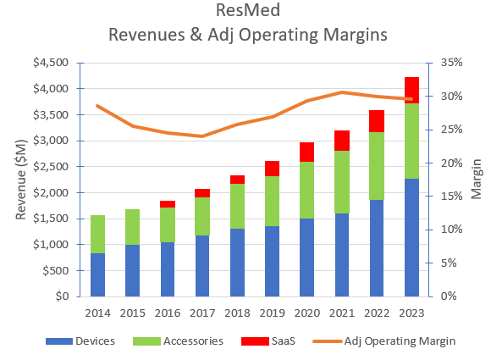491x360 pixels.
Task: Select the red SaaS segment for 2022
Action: click(x=377, y=121)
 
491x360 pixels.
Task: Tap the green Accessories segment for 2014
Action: click(x=97, y=234)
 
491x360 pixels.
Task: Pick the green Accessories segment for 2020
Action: click(x=306, y=190)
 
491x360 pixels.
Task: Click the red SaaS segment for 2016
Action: click(x=168, y=204)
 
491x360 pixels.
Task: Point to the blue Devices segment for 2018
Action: click(x=237, y=263)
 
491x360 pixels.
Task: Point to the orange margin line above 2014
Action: click(x=97, y=106)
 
